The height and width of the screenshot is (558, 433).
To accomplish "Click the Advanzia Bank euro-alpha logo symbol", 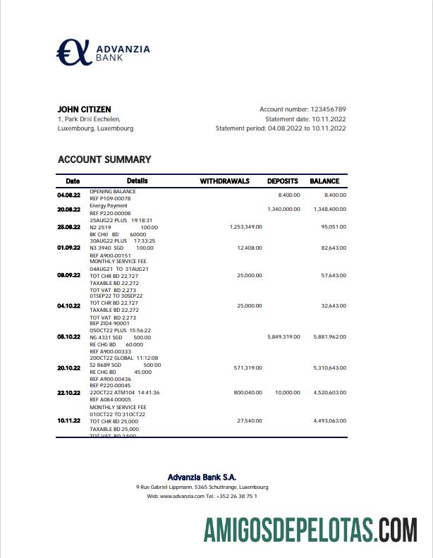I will point(74,52).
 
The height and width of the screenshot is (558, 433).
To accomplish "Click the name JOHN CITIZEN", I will point(84,109).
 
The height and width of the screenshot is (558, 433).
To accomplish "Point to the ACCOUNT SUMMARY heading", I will point(104,159).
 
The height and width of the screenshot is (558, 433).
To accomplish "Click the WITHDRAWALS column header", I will point(224,181).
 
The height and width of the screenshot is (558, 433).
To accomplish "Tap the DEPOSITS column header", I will point(282,181).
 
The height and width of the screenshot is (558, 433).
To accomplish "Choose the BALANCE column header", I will point(324,181).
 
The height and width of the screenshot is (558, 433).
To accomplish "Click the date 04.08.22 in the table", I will point(68,195).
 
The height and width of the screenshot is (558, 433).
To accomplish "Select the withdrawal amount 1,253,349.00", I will point(245,227).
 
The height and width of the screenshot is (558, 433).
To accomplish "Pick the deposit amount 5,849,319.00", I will point(283,337).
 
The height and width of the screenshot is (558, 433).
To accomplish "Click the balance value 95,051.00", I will point(333,227).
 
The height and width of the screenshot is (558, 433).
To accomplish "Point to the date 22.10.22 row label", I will point(68,393).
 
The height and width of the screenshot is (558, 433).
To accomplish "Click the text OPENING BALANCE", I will point(113,191).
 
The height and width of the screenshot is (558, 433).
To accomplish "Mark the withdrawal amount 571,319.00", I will point(248,368).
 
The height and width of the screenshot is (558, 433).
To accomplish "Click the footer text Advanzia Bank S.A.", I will point(202,477).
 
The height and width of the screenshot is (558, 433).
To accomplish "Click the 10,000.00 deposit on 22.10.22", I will point(287,392).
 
